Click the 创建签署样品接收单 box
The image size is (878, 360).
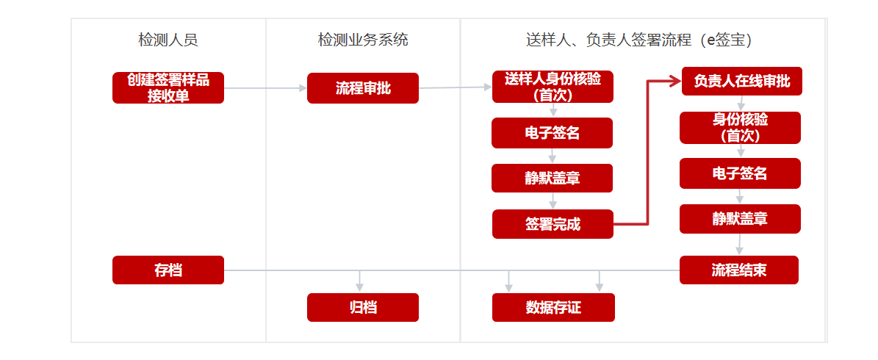click(168, 88)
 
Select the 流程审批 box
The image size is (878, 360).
click(363, 88)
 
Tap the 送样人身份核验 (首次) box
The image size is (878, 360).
click(553, 87)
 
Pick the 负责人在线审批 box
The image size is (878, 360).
click(742, 81)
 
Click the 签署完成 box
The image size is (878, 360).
click(553, 225)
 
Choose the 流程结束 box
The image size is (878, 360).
click(739, 270)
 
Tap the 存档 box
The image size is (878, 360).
click(168, 270)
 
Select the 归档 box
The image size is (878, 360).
click(363, 307)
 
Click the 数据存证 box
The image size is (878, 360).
click(553, 307)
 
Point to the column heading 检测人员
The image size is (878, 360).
click(168, 40)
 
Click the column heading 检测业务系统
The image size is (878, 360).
click(363, 40)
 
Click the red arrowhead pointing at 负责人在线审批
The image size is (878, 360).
click(677, 81)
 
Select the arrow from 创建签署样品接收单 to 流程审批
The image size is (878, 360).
click(265, 88)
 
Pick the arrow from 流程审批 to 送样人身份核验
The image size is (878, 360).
click(456, 87)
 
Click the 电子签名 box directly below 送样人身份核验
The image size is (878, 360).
click(552, 133)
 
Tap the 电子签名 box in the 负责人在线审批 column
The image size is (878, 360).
click(741, 173)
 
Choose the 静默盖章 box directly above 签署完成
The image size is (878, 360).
click(552, 178)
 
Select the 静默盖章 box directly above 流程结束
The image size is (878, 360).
click(741, 219)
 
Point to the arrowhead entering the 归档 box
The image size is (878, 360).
click(359, 288)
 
